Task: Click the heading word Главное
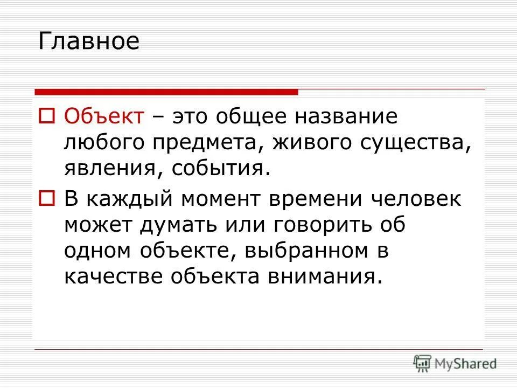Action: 89,41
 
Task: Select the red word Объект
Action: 104,116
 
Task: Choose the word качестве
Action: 114,276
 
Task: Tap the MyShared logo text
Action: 466,363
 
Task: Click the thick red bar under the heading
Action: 166,92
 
